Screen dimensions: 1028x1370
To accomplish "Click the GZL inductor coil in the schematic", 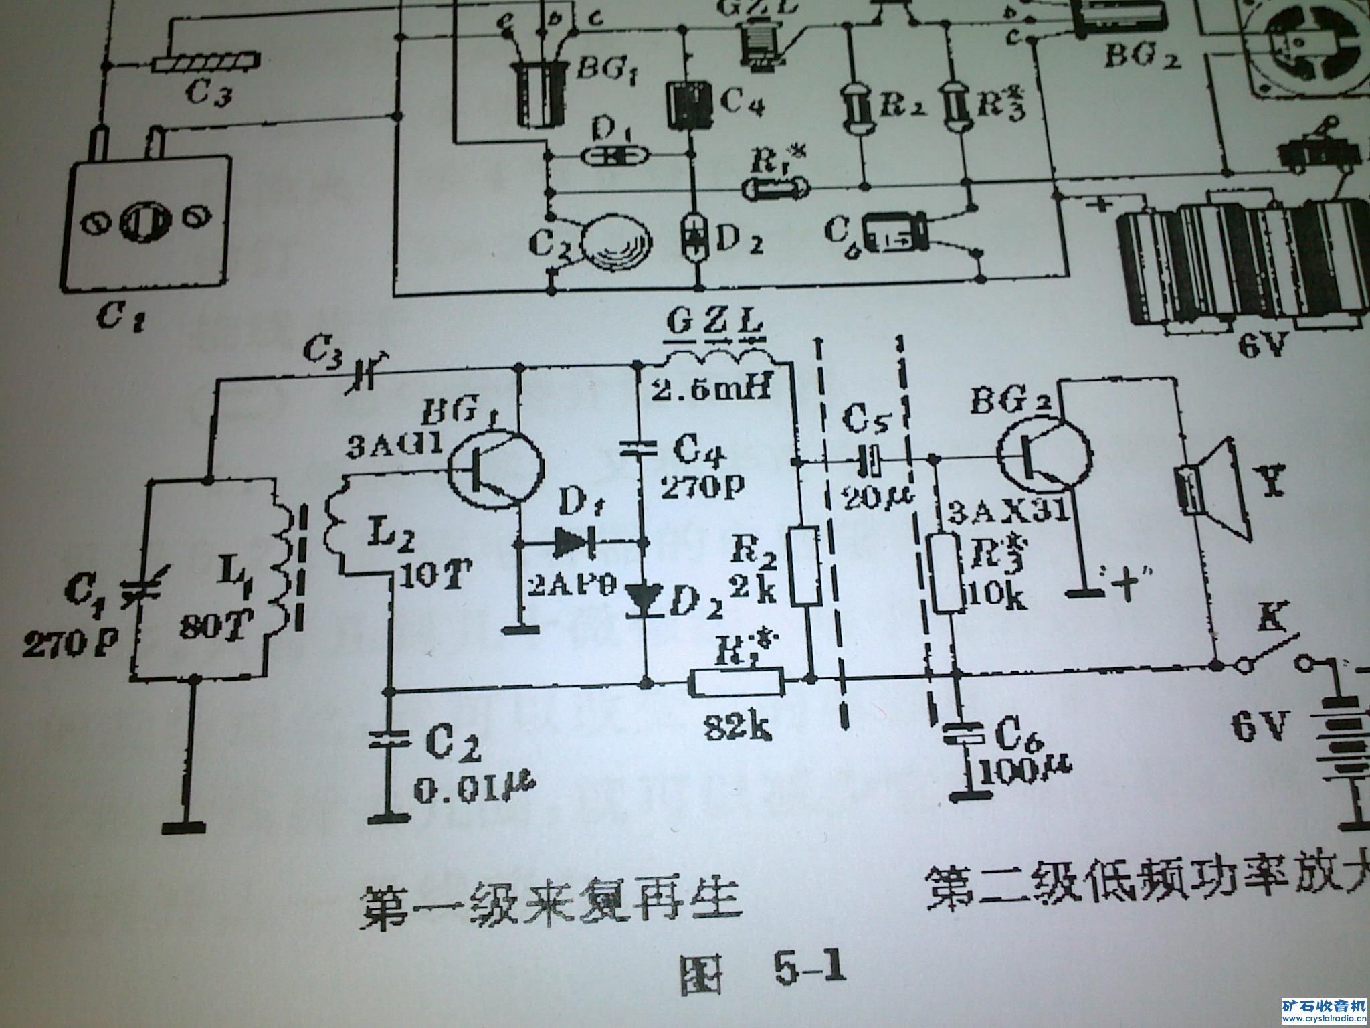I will point(714,359).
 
